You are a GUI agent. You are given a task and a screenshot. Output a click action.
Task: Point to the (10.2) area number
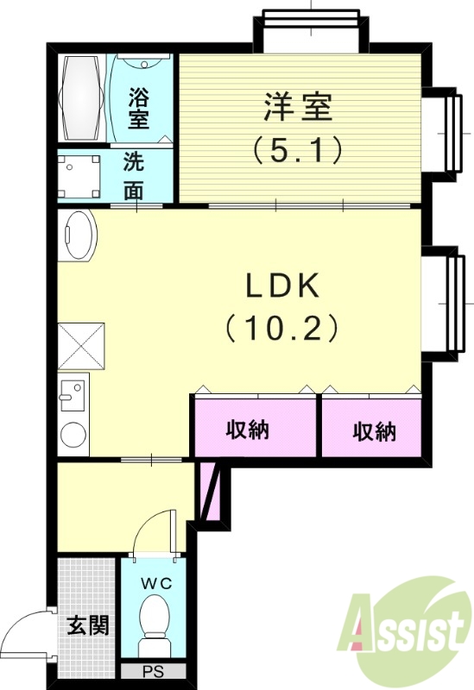coord(281,328)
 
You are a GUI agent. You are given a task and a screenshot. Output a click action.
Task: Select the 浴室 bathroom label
coord(140,107)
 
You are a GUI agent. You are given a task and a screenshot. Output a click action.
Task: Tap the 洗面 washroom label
coord(133,176)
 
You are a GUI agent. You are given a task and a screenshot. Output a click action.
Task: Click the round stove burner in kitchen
coord(73,436)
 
